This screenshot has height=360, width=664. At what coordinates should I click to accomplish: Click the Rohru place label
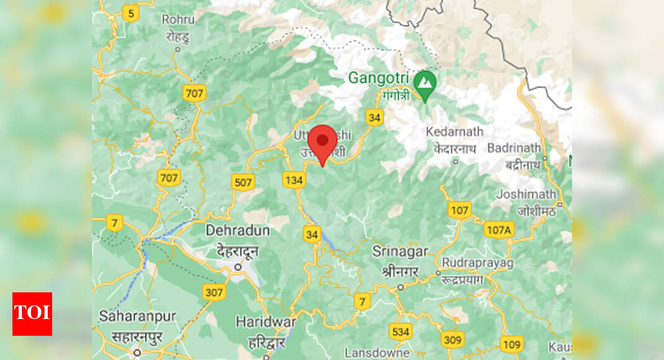(178, 20)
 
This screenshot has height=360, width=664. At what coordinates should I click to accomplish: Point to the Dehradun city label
(238, 231)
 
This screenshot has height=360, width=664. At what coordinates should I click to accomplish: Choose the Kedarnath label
(455, 132)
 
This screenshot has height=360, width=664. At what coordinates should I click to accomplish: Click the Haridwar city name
(265, 322)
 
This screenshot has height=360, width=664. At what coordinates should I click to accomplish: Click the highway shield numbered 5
(129, 12)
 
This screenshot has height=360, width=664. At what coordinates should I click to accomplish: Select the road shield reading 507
(243, 182)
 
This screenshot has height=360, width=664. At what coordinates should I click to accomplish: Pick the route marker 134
(294, 180)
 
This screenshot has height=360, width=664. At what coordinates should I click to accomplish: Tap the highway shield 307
(214, 292)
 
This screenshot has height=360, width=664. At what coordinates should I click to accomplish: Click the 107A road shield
(498, 229)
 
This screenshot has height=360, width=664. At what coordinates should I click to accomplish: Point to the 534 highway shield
(401, 331)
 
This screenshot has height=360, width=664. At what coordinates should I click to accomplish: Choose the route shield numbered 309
(453, 340)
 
